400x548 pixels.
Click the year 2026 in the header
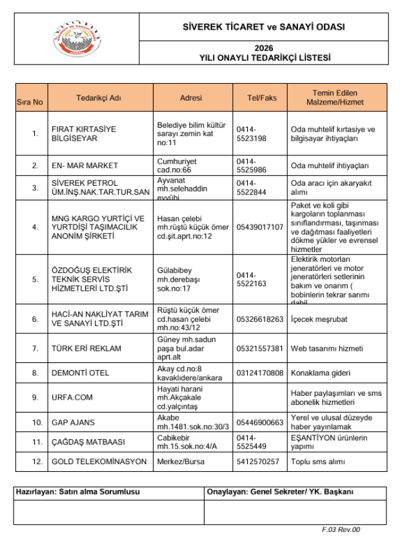264,48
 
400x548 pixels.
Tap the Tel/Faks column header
261,98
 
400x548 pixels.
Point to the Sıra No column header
30,102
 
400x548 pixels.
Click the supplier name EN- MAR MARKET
85,166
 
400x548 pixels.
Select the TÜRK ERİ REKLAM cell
86,349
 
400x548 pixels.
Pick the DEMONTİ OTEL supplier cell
80,373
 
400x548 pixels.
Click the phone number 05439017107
260,227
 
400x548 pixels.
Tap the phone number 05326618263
260,319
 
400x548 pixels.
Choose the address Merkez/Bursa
179,462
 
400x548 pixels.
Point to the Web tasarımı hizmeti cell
326,349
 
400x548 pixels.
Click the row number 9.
35,398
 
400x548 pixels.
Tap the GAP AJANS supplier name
73,422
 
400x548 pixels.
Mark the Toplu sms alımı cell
318,462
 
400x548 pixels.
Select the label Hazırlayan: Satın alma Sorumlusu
77,492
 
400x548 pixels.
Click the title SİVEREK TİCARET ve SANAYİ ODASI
264,28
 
